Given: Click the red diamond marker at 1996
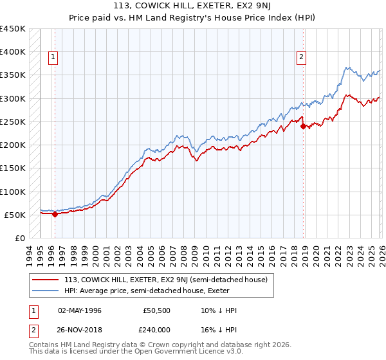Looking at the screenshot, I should point(55,215).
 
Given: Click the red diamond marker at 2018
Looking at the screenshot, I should point(302,127).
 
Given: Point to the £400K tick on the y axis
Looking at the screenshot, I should point(13,52).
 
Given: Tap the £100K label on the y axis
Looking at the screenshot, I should point(13,192).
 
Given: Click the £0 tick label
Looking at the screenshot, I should point(19,239).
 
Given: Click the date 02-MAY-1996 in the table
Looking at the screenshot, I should point(80,310).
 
